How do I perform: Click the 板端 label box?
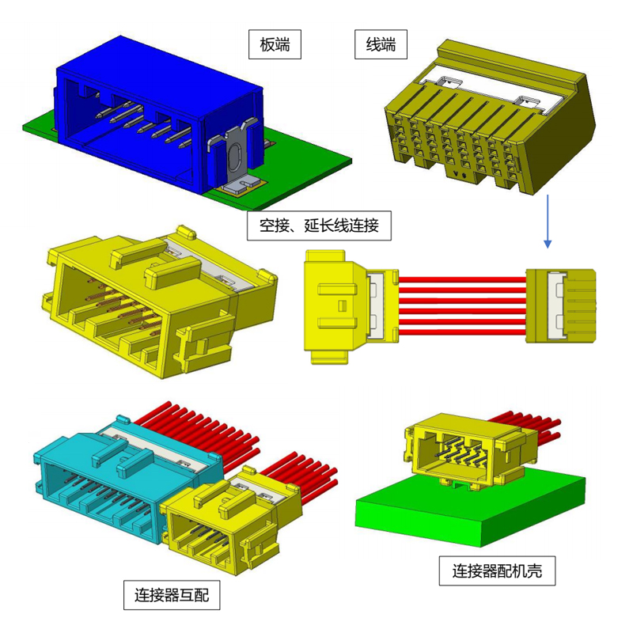(275, 44)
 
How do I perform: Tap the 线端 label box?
(381, 44)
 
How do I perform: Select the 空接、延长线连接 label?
(319, 226)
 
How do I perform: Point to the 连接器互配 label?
(172, 595)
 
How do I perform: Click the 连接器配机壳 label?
(497, 570)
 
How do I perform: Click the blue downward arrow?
(548, 222)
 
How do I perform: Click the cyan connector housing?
(121, 480)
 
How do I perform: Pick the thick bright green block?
(470, 509)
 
